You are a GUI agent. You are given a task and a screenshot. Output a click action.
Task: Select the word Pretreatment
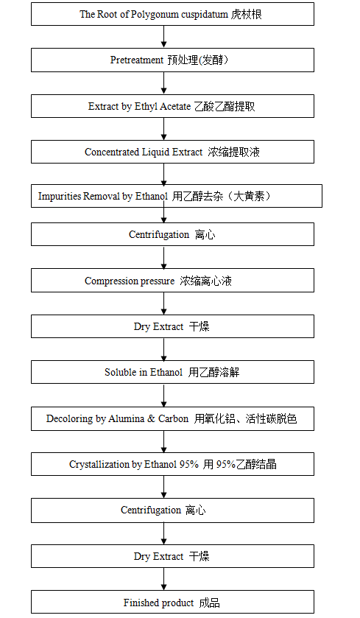(137, 60)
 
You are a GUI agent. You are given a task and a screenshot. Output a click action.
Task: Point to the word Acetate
(175, 106)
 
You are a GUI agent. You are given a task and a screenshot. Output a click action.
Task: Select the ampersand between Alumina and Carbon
(151, 418)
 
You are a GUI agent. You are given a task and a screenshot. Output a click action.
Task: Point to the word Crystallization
(99, 465)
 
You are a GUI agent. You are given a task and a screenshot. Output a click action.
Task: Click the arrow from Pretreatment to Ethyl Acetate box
(164, 83)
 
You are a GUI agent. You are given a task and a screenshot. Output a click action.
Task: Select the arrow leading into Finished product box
(164, 579)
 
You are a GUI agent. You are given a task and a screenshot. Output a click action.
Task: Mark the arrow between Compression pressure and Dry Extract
(164, 303)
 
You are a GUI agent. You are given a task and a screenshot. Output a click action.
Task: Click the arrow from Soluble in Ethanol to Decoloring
(164, 396)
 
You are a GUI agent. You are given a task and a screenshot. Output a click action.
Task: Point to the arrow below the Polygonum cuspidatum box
(164, 37)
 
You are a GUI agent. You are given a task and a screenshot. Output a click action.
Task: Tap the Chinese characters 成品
(209, 603)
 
